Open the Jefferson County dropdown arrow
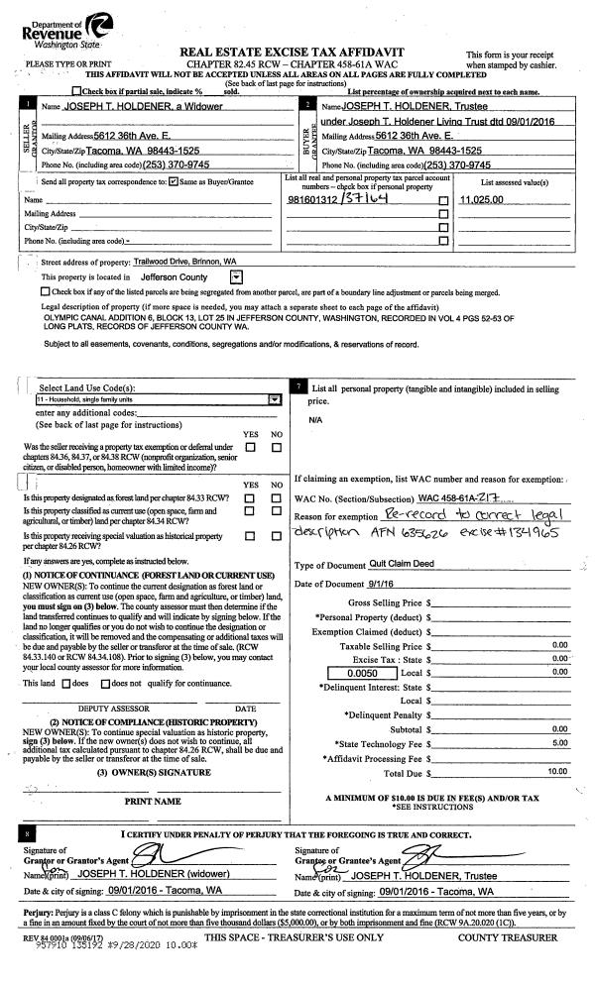[x=236, y=277]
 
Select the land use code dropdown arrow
[x=274, y=399]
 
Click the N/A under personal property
[x=316, y=420]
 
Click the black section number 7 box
[x=300, y=384]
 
